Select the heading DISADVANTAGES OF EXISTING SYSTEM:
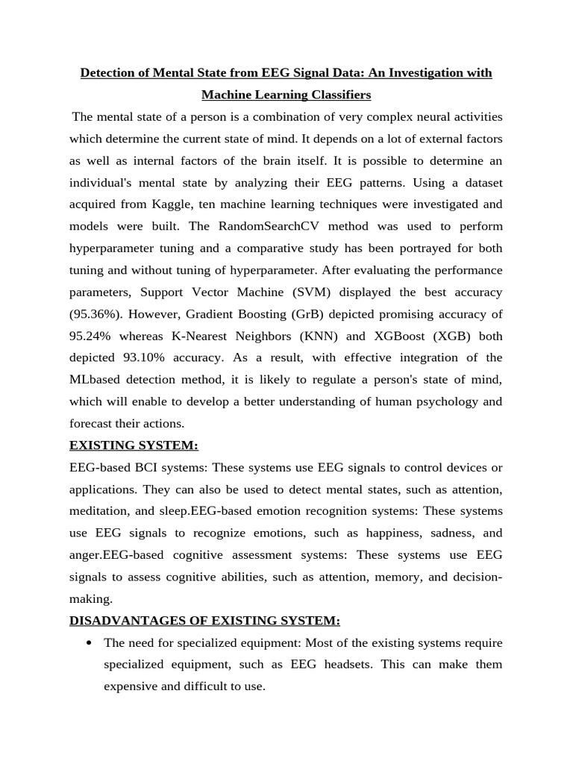coord(204,620)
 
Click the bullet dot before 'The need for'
coord(90,642)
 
